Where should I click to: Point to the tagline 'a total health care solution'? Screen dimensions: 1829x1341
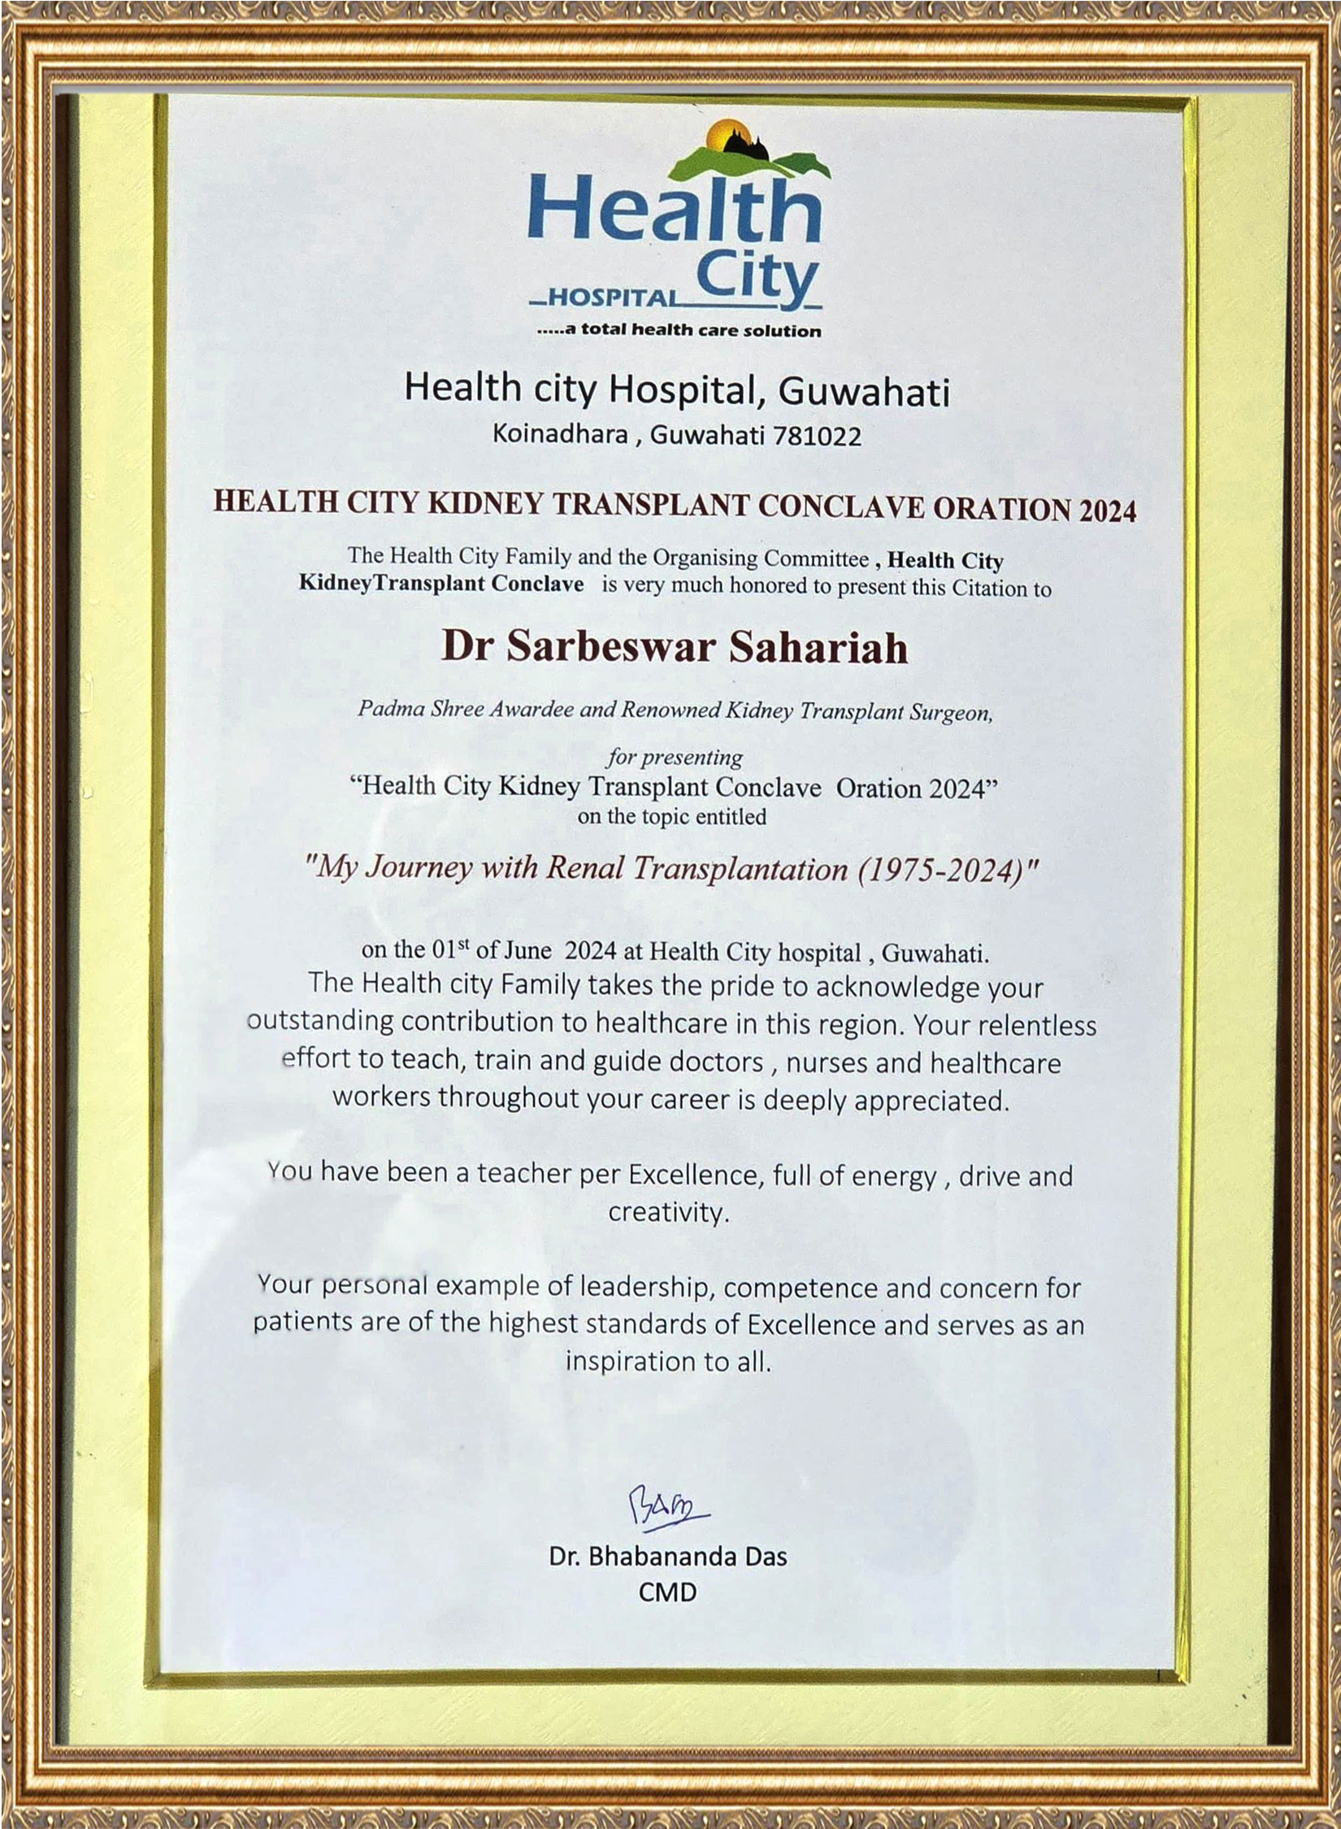click(679, 330)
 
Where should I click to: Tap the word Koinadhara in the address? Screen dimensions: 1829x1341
click(560, 434)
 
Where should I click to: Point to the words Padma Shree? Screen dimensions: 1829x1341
click(406, 708)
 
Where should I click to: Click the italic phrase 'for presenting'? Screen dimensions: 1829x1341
click(673, 758)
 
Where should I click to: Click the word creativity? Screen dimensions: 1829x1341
click(666, 1213)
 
